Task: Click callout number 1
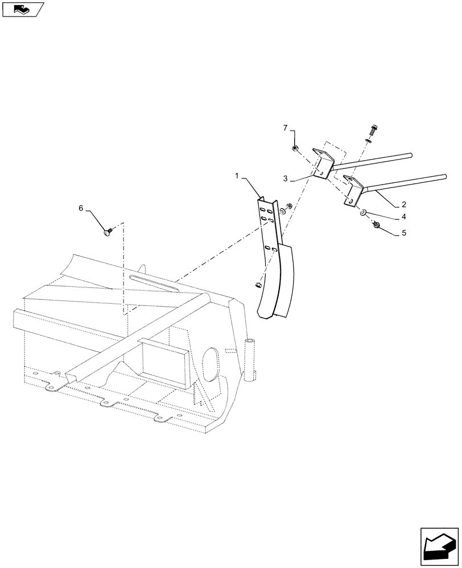[x=237, y=177]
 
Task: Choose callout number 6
[x=81, y=208]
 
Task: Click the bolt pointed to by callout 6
[x=109, y=231]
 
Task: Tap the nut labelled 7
[x=295, y=148]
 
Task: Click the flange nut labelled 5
[x=360, y=226]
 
